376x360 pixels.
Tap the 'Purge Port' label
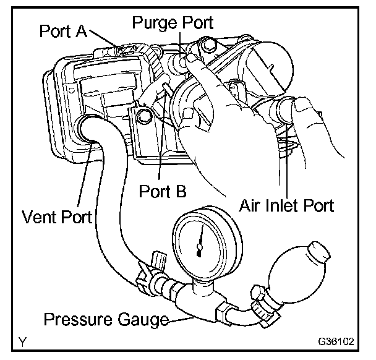[x=173, y=23]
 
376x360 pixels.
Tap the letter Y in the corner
[x=23, y=341]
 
